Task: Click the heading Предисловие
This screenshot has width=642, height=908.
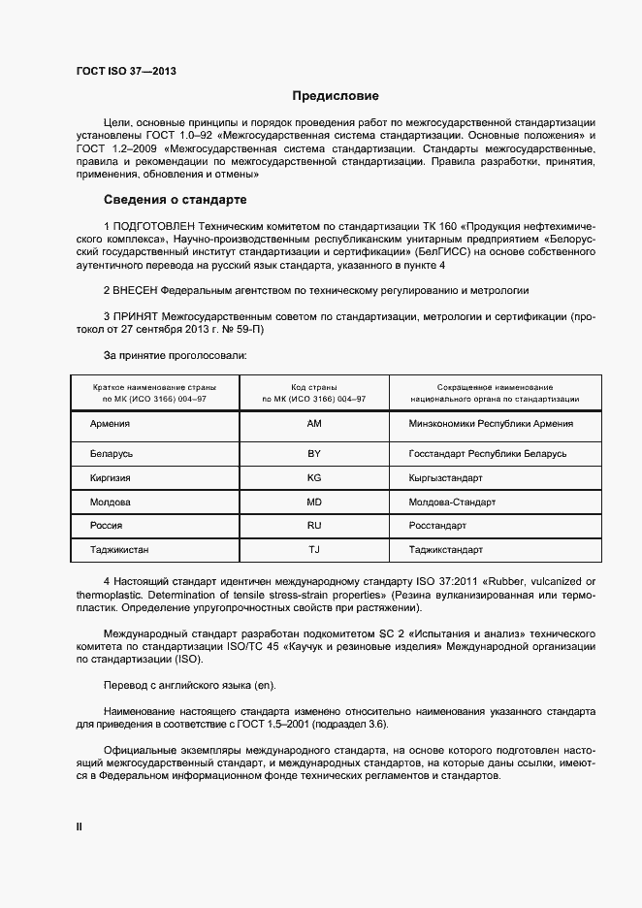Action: pos(335,96)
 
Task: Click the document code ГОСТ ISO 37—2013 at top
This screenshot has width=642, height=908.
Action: pos(125,70)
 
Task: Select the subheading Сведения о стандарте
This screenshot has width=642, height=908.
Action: pos(176,200)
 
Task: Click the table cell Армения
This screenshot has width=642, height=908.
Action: pos(110,424)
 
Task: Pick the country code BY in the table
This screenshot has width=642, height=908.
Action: pos(313,453)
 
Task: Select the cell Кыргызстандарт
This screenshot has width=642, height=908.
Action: pos(446,478)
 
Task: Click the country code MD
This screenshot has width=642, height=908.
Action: pos(313,503)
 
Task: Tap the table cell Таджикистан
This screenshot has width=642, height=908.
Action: pos(119,550)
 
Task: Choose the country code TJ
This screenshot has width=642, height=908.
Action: pos(313,550)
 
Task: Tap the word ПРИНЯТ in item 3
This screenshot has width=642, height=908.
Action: pos(134,316)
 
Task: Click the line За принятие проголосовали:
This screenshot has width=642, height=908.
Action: pos(175,355)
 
